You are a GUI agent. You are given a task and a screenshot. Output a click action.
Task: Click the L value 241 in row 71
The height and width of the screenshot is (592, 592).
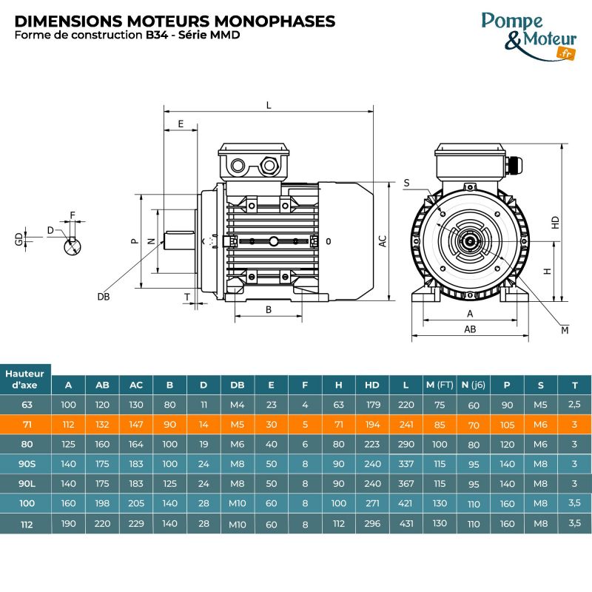click(406, 425)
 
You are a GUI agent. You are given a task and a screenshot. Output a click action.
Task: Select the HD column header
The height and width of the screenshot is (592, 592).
click(371, 385)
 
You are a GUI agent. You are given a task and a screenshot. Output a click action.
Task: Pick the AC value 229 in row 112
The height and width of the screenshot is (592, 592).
click(136, 523)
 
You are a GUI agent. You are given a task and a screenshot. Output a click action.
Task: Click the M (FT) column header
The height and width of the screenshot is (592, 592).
click(440, 385)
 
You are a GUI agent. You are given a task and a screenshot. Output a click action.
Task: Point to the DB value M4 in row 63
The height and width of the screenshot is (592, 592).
click(237, 405)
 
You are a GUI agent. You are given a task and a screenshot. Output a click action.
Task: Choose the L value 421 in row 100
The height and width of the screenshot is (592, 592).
click(406, 503)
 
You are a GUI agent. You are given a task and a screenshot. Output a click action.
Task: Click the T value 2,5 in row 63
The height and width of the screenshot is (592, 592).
click(575, 405)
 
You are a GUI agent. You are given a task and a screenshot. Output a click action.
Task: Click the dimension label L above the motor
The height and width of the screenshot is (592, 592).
click(269, 106)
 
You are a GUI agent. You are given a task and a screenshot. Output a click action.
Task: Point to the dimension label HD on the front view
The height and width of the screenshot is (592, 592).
click(556, 221)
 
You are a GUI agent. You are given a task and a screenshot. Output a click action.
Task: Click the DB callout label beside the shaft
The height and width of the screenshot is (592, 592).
click(103, 297)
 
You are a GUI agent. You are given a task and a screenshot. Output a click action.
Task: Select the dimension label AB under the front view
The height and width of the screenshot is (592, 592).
click(470, 329)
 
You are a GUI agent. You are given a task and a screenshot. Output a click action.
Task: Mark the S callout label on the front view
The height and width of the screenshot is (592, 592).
click(407, 182)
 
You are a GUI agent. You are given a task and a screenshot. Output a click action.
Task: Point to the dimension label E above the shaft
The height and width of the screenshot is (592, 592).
click(181, 124)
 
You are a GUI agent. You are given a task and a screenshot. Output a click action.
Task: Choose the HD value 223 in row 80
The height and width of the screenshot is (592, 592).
click(371, 445)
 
